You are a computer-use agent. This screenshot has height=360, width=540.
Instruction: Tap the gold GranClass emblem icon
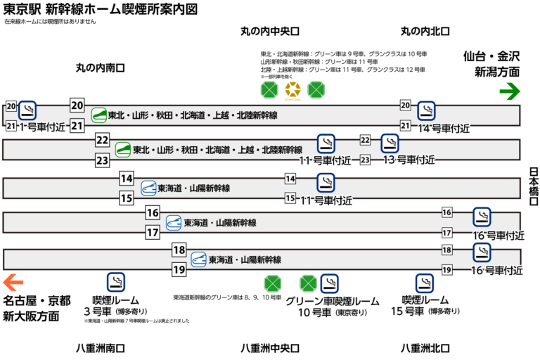pyautogui.click(x=292, y=90)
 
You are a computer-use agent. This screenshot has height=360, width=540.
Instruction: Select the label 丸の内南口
pyautogui.click(x=100, y=68)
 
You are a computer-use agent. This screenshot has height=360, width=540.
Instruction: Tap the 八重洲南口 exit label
pyautogui.click(x=100, y=348)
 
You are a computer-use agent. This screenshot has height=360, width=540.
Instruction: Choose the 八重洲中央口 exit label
pyautogui.click(x=270, y=348)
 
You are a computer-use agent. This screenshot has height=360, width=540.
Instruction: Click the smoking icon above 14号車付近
pyautogui.click(x=426, y=110)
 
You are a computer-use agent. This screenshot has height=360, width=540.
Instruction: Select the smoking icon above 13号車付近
pyautogui.click(x=390, y=143)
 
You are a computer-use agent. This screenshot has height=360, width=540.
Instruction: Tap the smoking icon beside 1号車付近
pyautogui.click(x=27, y=110)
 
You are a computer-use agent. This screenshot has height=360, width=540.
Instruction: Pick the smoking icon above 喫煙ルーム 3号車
pyautogui.click(x=116, y=283)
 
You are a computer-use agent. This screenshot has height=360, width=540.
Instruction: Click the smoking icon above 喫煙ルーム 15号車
pyautogui.click(x=425, y=283)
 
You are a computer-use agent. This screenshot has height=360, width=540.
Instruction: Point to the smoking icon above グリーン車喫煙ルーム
pyautogui.click(x=329, y=283)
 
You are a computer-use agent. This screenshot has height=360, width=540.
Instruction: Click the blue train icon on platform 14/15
pyautogui.click(x=148, y=188)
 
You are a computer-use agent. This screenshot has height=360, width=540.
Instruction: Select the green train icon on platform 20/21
pyautogui.click(x=99, y=115)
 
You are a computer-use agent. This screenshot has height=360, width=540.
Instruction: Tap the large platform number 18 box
pyautogui.click(x=179, y=250)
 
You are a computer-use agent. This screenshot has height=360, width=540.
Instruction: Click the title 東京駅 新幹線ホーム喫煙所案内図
pyautogui.click(x=100, y=9)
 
